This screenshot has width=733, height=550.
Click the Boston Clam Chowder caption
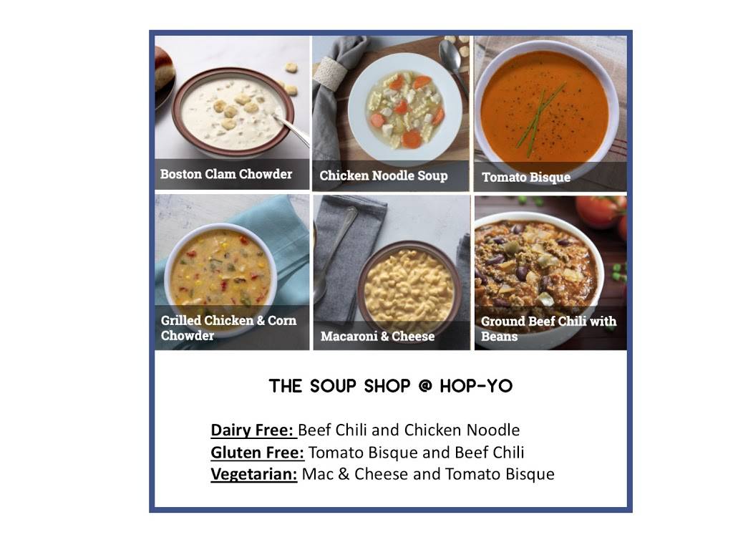(226, 174)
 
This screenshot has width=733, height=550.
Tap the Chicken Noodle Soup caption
(383, 175)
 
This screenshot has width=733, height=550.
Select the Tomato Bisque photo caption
(526, 177)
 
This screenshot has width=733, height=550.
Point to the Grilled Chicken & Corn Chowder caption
(228, 328)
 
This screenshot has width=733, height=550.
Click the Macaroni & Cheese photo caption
(377, 336)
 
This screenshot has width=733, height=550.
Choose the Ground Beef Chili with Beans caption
(548, 329)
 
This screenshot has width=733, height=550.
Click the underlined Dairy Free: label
(253, 430)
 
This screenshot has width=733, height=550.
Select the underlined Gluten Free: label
(258, 453)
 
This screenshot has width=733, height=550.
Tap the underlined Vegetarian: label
(254, 474)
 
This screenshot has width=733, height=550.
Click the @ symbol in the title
(425, 387)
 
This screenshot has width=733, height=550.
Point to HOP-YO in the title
(477, 387)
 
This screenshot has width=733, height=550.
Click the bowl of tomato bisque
(545, 107)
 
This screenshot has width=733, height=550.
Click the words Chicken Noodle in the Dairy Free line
(462, 430)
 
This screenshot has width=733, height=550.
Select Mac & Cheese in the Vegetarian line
(347, 474)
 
